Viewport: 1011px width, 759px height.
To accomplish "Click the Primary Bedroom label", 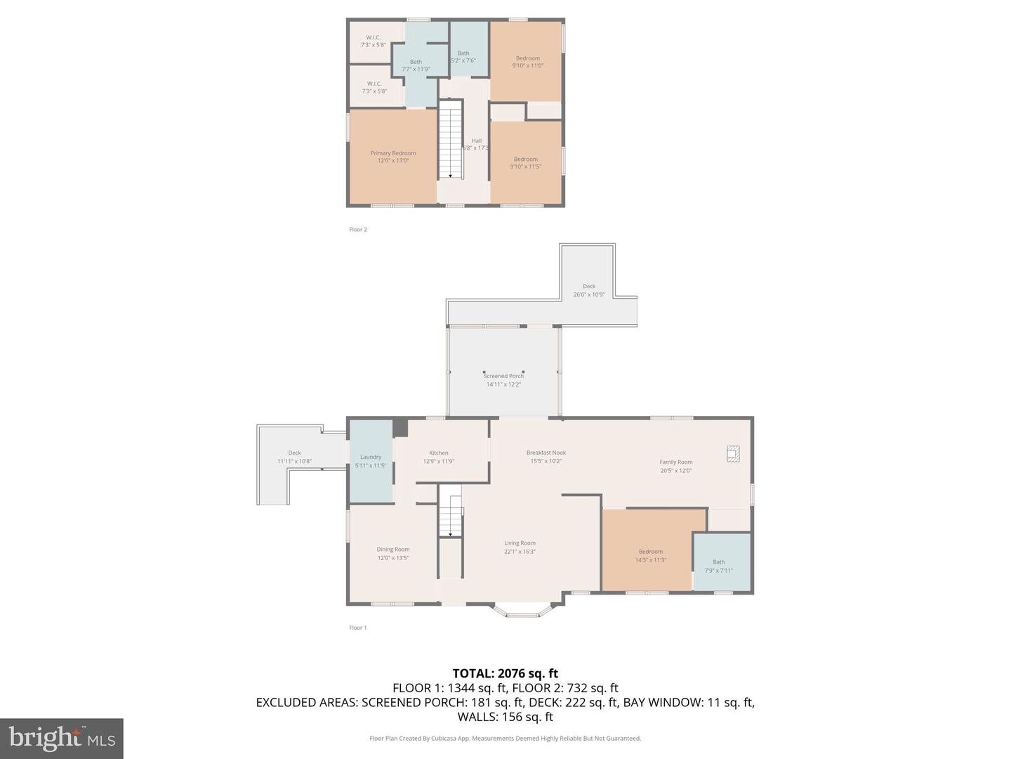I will [x=393, y=153].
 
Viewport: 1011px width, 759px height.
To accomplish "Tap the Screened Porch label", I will [x=503, y=376].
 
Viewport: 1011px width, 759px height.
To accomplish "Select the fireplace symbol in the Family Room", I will [x=733, y=454].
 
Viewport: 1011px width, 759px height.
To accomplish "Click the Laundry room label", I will [x=371, y=457].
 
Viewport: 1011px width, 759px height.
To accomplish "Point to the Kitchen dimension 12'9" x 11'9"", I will [x=439, y=462].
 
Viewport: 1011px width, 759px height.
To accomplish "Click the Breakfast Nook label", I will [x=546, y=453].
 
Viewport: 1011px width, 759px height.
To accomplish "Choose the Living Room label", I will [x=520, y=543].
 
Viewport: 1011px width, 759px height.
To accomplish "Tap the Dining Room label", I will [x=393, y=550].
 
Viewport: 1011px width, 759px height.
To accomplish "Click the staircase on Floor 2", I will [x=451, y=140].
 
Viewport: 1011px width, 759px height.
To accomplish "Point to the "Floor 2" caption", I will [x=358, y=230].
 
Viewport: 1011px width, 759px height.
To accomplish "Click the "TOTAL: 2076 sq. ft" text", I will [x=505, y=673].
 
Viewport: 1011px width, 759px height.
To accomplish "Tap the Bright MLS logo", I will [x=62, y=738].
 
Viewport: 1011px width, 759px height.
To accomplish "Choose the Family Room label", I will [x=675, y=462].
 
